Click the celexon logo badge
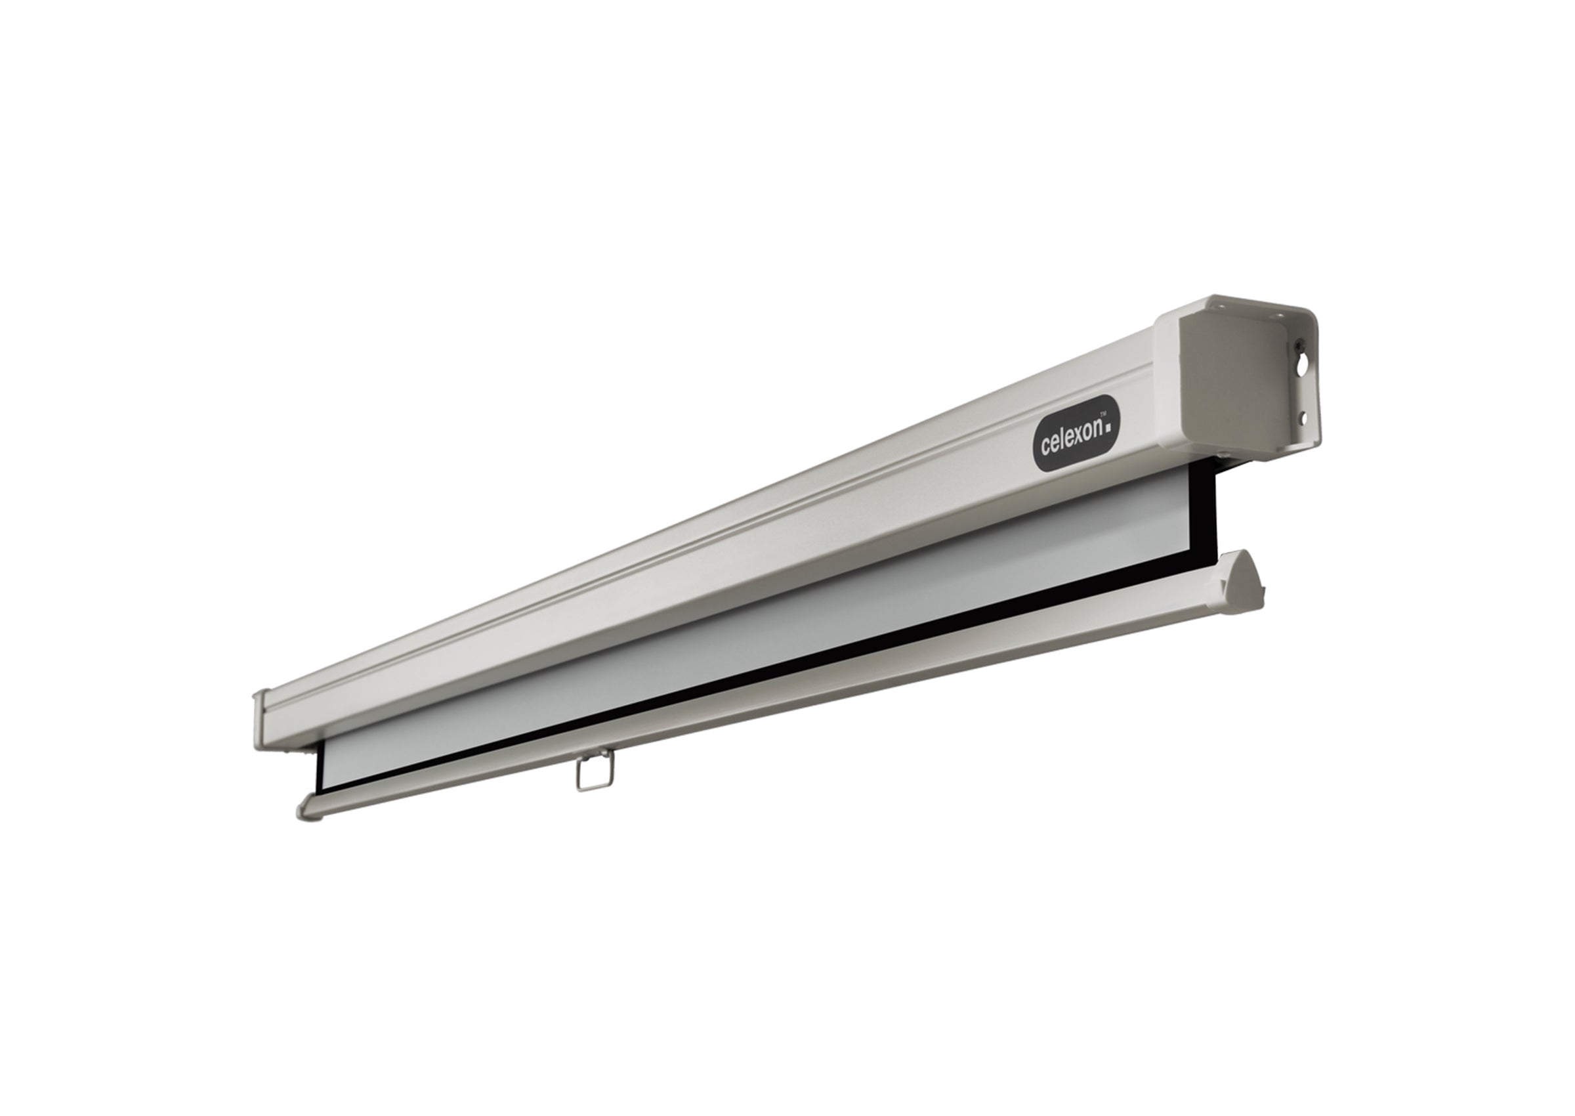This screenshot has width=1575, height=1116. click(1076, 433)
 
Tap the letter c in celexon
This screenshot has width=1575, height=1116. click(1045, 447)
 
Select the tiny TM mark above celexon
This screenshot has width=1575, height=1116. click(1103, 413)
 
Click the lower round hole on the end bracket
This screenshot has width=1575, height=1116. click(1300, 416)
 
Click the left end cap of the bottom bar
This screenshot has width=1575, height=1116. click(308, 809)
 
